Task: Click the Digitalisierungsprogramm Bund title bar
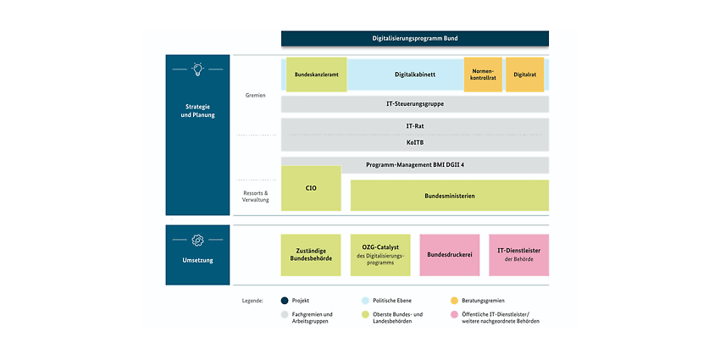415,39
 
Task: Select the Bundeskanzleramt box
317,75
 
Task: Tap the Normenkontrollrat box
483,75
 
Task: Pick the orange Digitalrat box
525,75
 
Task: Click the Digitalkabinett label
415,75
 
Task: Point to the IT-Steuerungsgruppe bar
415,104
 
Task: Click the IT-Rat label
415,125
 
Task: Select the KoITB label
415,143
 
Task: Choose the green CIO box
311,188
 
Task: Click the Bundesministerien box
450,196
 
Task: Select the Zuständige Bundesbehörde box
311,255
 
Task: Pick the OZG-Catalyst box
380,255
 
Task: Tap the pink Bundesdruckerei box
450,255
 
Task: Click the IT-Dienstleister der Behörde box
519,255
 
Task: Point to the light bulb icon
197,69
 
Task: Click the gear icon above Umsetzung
197,241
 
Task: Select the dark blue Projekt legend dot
285,301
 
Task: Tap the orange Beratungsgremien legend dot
455,301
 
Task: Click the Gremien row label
256,96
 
